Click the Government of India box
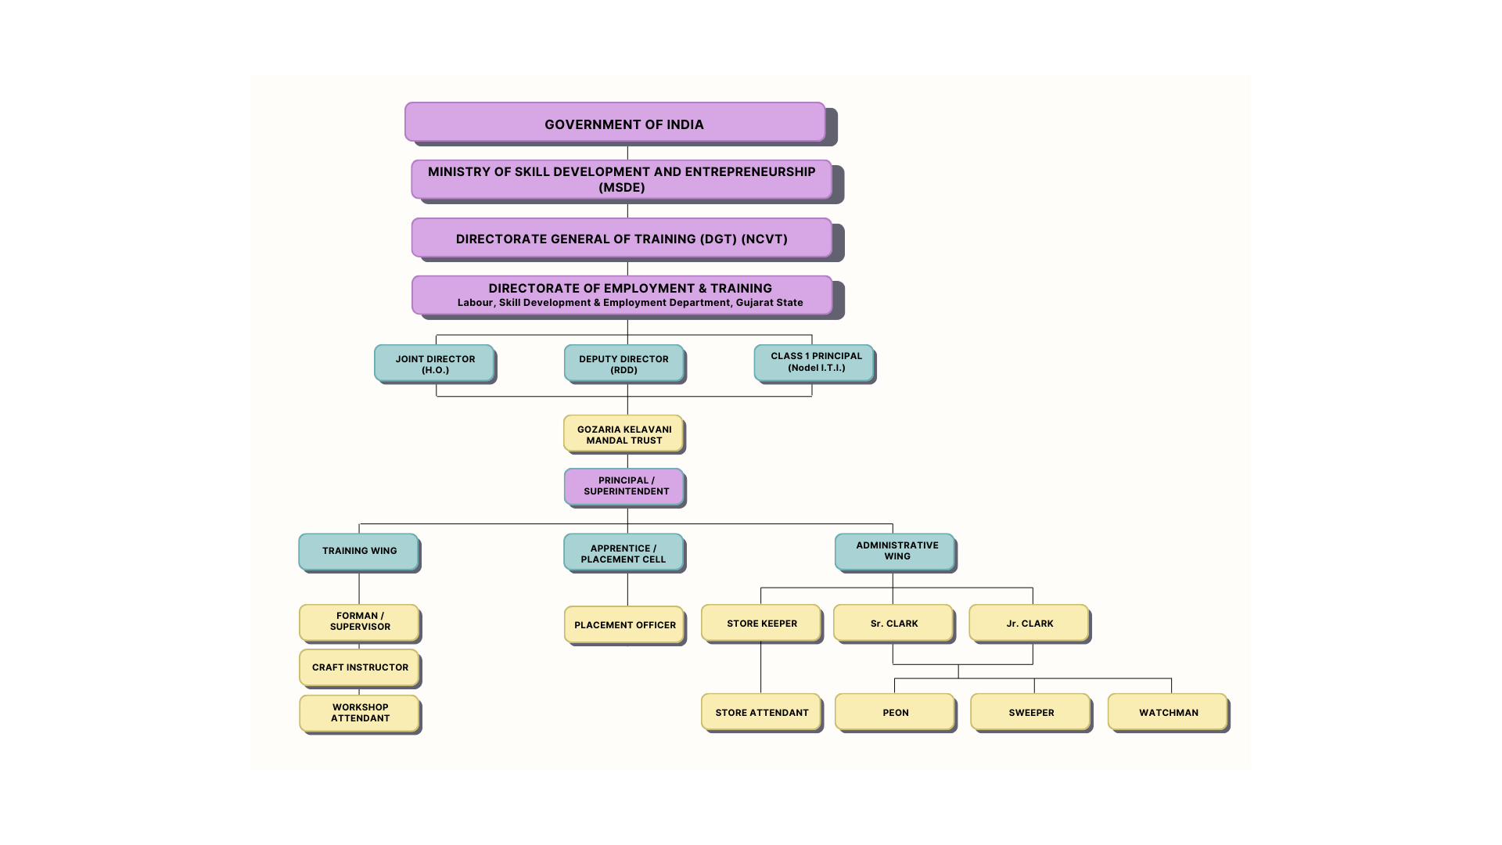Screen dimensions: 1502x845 coord(615,122)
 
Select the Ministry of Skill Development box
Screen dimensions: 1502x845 coord(622,179)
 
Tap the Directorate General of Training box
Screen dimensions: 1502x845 coord(622,238)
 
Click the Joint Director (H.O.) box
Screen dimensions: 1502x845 coord(434,363)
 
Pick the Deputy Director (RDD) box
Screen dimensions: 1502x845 coord(624,363)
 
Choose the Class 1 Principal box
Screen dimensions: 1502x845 coord(814,363)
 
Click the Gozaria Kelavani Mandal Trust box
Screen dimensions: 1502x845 coord(623,433)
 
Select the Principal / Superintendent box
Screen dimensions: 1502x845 coord(624,487)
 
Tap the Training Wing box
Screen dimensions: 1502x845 coord(358,552)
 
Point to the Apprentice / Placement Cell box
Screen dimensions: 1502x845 coord(623,552)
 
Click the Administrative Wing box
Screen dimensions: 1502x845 coord(895,552)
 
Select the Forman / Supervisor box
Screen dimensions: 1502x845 coord(359,623)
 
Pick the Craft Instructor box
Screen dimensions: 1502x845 coord(359,667)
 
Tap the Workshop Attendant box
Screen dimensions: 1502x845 coord(359,713)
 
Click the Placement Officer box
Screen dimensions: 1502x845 coord(624,624)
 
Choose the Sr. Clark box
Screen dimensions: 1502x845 coord(893,623)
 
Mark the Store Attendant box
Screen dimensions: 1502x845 coord(761,712)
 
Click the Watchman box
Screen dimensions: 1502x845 coord(1168,712)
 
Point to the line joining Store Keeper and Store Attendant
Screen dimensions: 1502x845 coord(761,667)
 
